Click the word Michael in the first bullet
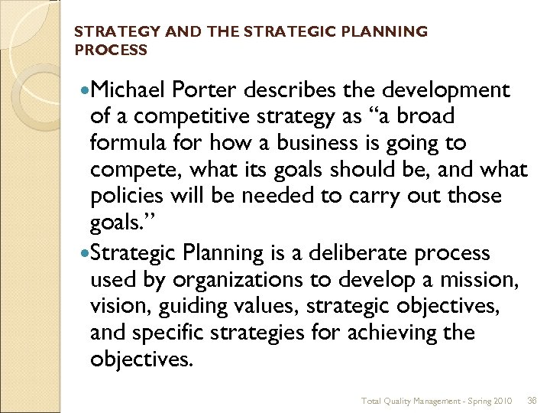pyautogui.click(x=128, y=90)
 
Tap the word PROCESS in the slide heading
pyautogui.click(x=111, y=50)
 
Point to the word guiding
pyautogui.click(x=182, y=306)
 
